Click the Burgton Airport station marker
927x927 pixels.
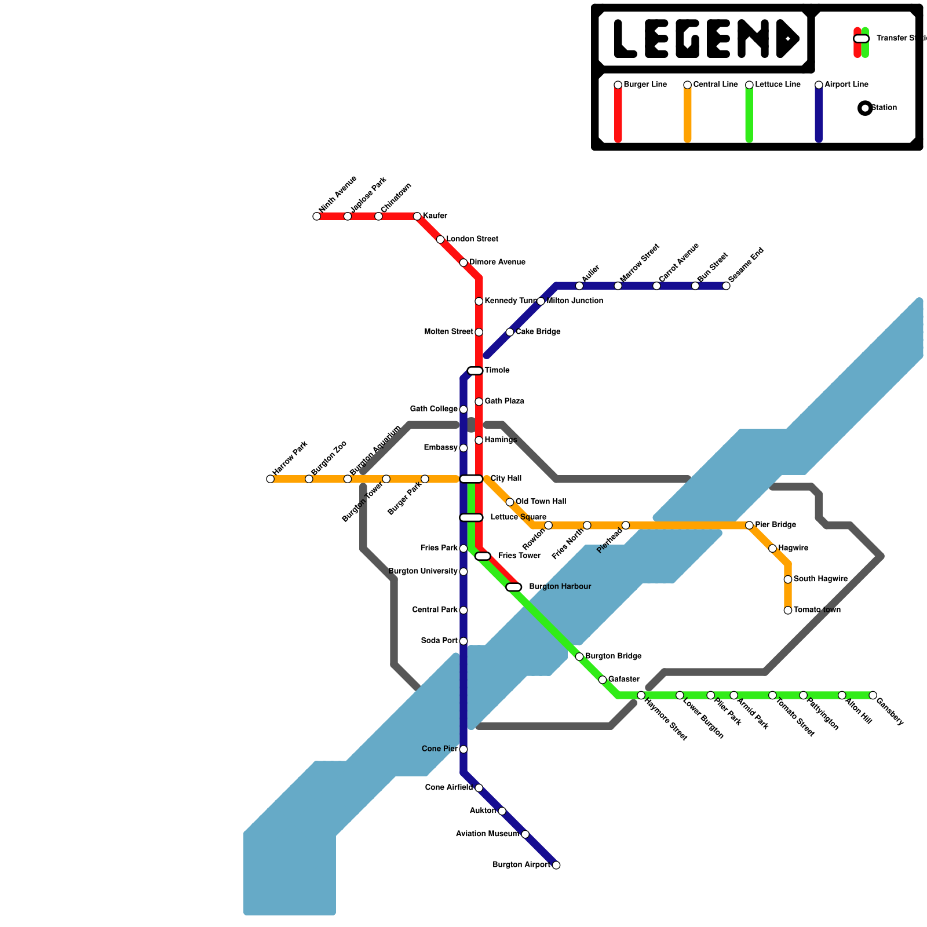pos(556,865)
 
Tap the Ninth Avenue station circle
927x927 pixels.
pos(316,217)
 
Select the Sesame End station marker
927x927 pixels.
pos(726,286)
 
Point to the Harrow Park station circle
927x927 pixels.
pos(270,479)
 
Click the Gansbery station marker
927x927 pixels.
pos(873,695)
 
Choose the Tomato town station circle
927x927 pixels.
pos(788,610)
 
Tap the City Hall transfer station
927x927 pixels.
pos(471,479)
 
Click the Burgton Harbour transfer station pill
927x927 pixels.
pos(514,587)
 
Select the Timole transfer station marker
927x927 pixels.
pos(475,371)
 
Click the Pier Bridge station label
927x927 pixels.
pos(775,525)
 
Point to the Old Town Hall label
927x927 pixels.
pos(541,502)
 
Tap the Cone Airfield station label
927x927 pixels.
pos(448,787)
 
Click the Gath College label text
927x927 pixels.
pos(433,409)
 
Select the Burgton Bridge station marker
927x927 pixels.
pos(579,656)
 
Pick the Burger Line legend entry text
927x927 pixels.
pos(645,85)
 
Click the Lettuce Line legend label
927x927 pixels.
pos(778,85)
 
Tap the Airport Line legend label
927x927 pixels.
pos(846,85)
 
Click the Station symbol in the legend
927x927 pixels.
pos(865,108)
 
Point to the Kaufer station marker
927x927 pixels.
pos(417,217)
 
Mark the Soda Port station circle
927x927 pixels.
pos(463,641)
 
